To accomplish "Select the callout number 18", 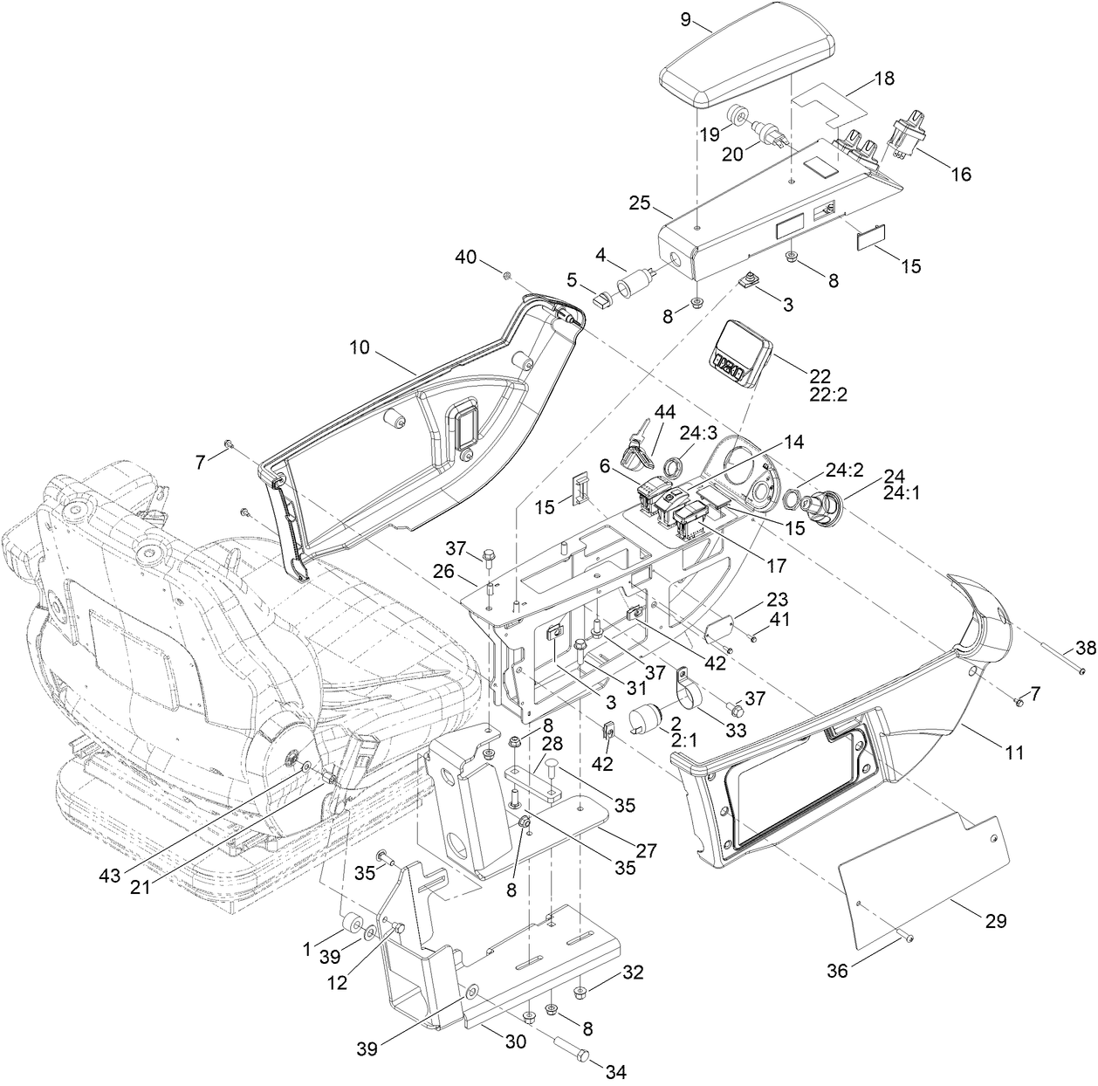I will [x=883, y=78].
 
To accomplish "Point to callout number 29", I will [x=995, y=920].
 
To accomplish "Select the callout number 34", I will [x=616, y=1071].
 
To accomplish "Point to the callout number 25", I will [x=640, y=203].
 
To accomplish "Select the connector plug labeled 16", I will [x=904, y=140].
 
